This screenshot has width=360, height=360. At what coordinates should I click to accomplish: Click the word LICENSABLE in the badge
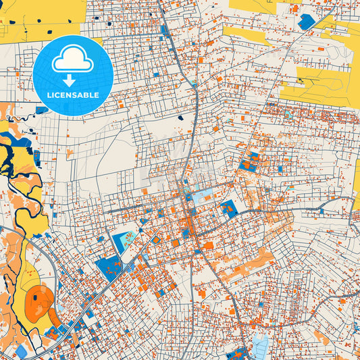point(72,95)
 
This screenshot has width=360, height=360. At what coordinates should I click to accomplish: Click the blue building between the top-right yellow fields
point(306,22)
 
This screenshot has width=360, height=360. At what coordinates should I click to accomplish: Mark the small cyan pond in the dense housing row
point(288,114)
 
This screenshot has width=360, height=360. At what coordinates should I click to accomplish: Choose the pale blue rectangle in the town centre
point(201,197)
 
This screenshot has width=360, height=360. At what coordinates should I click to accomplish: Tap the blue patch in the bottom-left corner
point(22,351)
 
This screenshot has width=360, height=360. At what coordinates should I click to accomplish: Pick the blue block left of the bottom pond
point(238,353)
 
